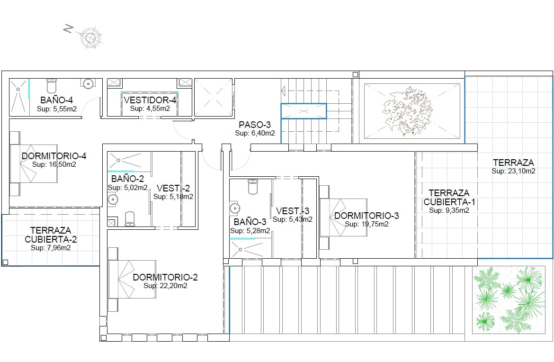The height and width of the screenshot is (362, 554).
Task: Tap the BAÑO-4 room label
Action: (x=56, y=100)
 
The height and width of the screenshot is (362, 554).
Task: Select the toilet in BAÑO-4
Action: (x=52, y=86)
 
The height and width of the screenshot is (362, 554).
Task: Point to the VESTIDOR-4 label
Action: (x=150, y=100)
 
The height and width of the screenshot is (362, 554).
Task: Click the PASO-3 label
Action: (x=255, y=125)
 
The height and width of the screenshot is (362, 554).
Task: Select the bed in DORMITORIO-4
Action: (x=34, y=163)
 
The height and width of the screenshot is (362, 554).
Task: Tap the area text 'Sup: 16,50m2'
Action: (x=54, y=164)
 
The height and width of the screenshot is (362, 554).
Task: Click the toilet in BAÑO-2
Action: (x=130, y=219)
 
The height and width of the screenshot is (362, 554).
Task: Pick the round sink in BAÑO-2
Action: (x=113, y=200)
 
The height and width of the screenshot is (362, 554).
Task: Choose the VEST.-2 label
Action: (x=173, y=188)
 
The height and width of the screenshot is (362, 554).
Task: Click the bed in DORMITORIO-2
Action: (x=132, y=279)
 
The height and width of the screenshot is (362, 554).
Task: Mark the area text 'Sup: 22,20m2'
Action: (x=165, y=286)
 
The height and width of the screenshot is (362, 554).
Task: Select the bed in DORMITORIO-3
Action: (x=343, y=217)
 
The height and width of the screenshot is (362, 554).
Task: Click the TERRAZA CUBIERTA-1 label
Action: (x=449, y=198)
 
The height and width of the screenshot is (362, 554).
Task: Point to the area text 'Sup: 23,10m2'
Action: (x=513, y=171)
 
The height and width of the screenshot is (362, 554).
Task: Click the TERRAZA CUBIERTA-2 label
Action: (x=51, y=235)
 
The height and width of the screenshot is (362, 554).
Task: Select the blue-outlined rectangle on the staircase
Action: (x=304, y=111)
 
